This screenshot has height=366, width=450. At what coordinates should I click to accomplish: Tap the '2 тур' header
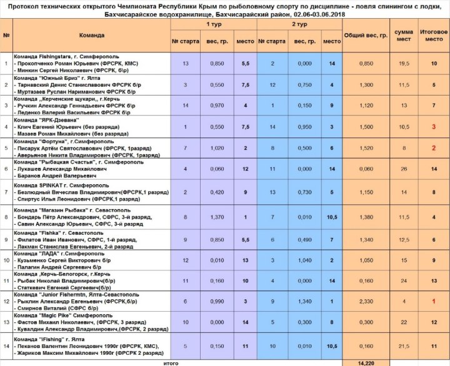pos(300,22)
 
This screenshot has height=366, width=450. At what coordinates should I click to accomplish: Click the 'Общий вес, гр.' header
pos(366,35)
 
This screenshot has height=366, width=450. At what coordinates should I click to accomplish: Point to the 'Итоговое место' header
pos(431,35)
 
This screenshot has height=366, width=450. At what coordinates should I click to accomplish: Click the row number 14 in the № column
pos(6,345)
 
